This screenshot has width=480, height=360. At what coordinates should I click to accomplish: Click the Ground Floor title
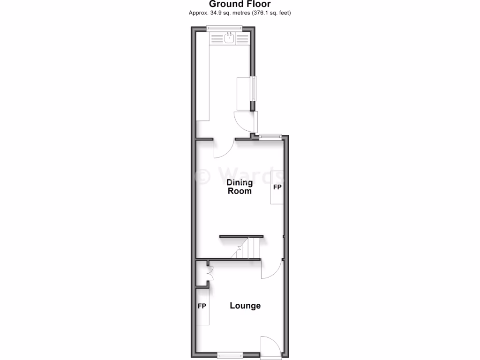[x=240, y=4]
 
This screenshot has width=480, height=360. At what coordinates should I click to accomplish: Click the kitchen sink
[x=230, y=38]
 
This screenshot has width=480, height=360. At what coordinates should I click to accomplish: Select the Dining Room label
[x=239, y=187]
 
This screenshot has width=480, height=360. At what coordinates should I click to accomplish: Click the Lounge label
[x=245, y=306]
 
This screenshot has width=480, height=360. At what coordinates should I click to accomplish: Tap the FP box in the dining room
[x=277, y=187]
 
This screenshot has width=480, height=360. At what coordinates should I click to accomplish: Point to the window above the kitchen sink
[x=223, y=29]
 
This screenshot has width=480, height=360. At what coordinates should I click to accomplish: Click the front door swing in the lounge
[x=270, y=345]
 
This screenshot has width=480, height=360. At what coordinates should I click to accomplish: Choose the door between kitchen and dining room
[x=224, y=149]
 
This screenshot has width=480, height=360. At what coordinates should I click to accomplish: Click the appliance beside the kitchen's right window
[x=244, y=93]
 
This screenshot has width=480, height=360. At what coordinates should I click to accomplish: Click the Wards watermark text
[x=239, y=176]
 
